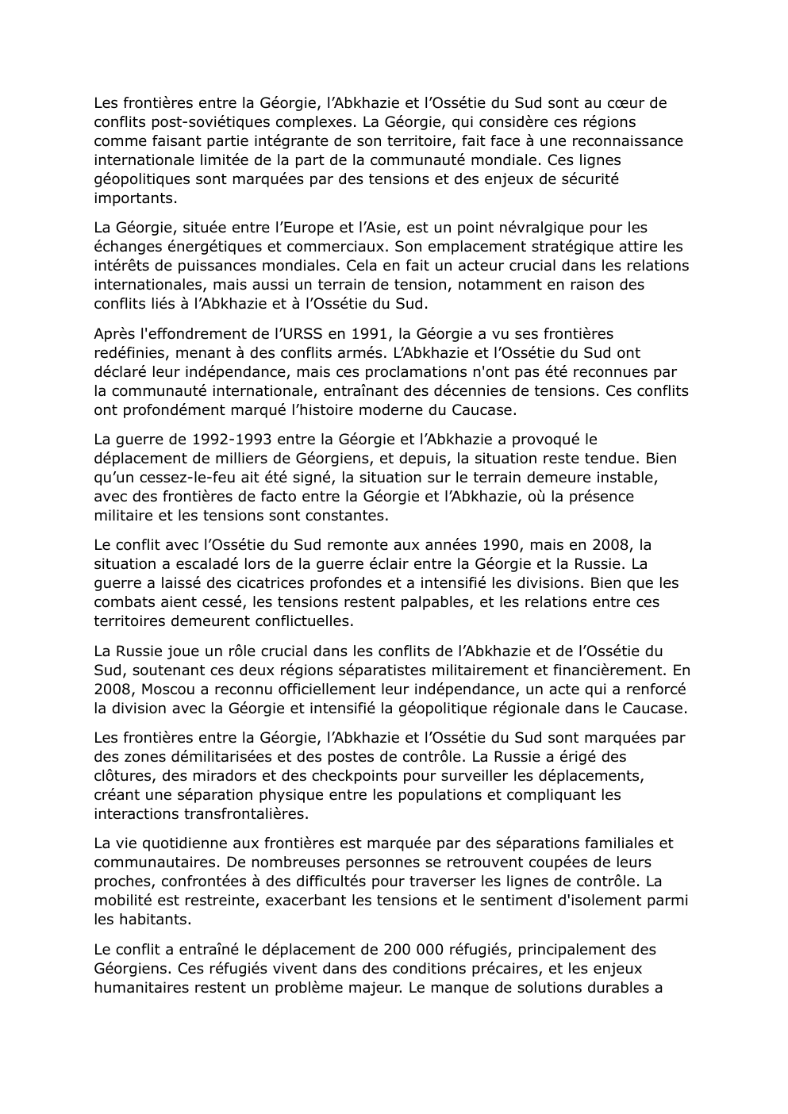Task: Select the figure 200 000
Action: (x=412, y=950)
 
